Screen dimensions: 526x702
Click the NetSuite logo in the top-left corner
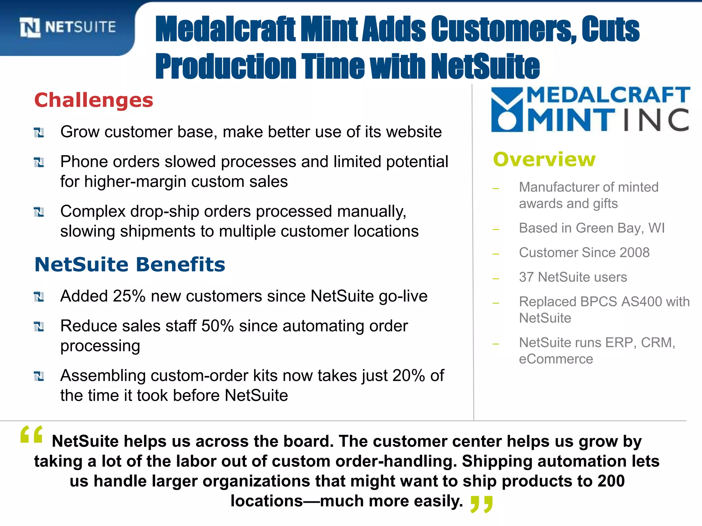[x=68, y=27]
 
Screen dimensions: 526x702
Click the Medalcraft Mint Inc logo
[x=590, y=109]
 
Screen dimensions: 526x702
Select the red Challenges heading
[x=94, y=100]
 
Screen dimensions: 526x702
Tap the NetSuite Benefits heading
[x=130, y=265]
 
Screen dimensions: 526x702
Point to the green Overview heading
[x=544, y=160]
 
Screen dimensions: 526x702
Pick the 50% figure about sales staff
[x=217, y=326]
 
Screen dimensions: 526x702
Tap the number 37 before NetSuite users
[x=526, y=277]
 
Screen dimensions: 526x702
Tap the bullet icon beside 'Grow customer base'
[x=39, y=133]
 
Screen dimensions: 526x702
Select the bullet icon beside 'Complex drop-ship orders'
[x=39, y=212]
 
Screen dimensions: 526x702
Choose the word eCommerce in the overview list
[x=556, y=359]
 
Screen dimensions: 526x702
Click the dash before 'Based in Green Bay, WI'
[x=496, y=229]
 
